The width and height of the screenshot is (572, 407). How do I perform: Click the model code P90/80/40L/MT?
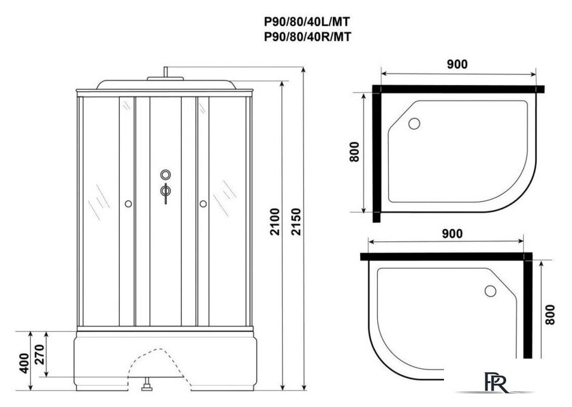point(307,22)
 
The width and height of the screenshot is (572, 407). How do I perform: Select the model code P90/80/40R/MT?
point(308,37)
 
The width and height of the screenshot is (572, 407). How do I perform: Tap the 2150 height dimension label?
point(297,222)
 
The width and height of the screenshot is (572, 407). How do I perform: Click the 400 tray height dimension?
point(24,363)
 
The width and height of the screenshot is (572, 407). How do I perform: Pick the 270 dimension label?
point(39,355)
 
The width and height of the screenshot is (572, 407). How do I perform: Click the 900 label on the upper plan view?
point(457,64)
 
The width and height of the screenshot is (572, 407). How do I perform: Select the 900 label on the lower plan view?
point(452,233)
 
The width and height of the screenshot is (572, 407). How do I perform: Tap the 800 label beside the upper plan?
point(354,151)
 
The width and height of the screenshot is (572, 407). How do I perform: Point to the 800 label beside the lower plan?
point(550,314)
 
